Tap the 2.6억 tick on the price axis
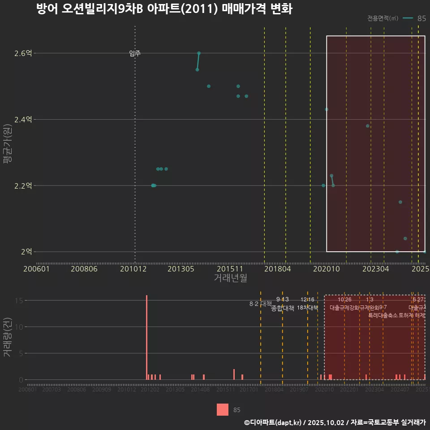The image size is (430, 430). pyautogui.click(x=23, y=53)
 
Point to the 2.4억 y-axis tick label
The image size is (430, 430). pyautogui.click(x=23, y=120)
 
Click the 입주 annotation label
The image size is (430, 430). pyautogui.click(x=135, y=53)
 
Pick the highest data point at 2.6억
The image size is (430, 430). pyautogui.click(x=199, y=53)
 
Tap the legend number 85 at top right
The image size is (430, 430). pyautogui.click(x=421, y=18)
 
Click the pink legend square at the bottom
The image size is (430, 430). pyautogui.click(x=223, y=409)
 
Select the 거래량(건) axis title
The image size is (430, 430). pyautogui.click(x=8, y=337)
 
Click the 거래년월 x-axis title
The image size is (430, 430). pyautogui.click(x=230, y=278)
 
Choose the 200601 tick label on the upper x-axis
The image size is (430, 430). pyautogui.click(x=36, y=269)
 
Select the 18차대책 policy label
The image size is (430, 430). pyautogui.click(x=307, y=308)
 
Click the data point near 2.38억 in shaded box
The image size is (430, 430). pyautogui.click(x=368, y=126)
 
